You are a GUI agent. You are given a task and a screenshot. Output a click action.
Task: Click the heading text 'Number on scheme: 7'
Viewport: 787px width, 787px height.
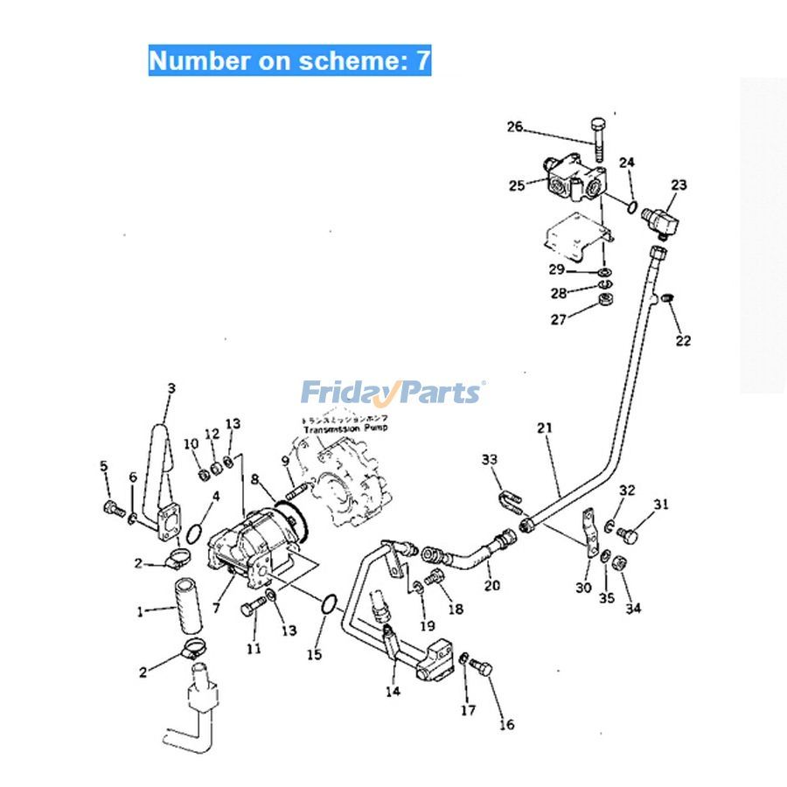point(289,60)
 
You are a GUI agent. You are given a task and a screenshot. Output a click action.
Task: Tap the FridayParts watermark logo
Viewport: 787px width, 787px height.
point(393,393)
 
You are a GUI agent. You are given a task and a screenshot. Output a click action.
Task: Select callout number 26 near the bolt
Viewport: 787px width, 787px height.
point(514,128)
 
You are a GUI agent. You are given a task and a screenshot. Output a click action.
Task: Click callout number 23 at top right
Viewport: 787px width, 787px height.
point(679,185)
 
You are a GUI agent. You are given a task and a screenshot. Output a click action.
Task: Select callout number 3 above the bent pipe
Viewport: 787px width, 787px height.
point(171,388)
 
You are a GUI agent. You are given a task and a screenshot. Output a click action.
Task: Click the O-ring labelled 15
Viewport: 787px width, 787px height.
point(330,604)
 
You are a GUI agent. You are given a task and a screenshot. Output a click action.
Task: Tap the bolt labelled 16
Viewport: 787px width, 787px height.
point(481,669)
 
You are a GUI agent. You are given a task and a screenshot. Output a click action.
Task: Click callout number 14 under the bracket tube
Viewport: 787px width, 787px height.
point(393,691)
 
